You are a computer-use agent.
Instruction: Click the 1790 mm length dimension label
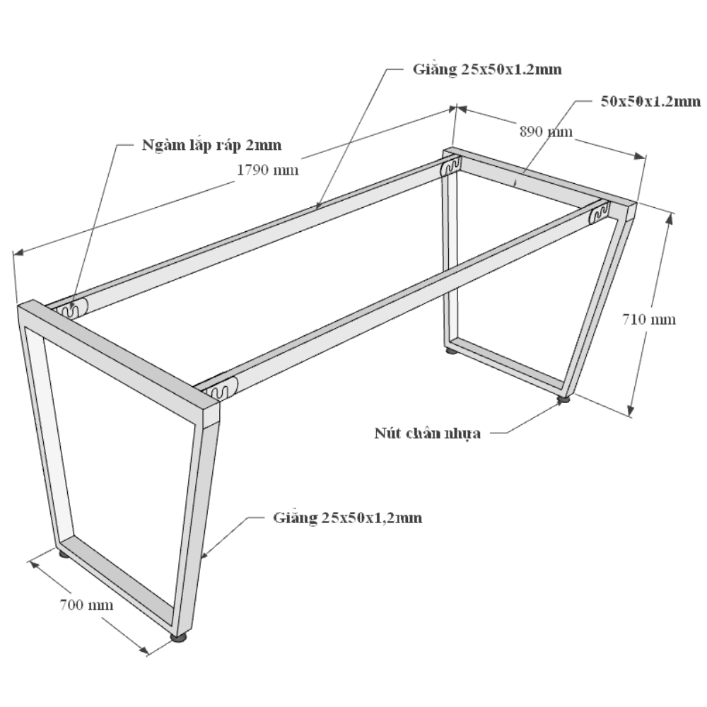tap(268, 170)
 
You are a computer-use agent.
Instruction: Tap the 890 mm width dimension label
tap(546, 132)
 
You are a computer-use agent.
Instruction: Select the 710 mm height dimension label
tap(649, 320)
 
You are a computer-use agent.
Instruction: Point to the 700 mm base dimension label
tap(86, 604)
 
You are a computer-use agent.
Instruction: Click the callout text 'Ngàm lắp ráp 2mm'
tap(211, 145)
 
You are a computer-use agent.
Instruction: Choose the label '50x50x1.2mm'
tap(650, 101)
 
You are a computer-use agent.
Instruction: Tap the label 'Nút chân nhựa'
tap(428, 433)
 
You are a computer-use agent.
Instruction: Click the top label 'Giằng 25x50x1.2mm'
tap(487, 69)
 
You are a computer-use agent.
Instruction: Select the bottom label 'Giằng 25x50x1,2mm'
tap(348, 518)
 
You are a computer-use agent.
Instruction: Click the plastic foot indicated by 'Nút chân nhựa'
tap(563, 399)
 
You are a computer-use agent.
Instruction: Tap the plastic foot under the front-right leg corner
tap(179, 637)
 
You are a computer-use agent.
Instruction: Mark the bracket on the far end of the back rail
tap(451, 166)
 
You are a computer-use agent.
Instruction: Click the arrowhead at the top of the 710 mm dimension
tap(670, 219)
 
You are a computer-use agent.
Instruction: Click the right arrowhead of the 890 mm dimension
tap(639, 156)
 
